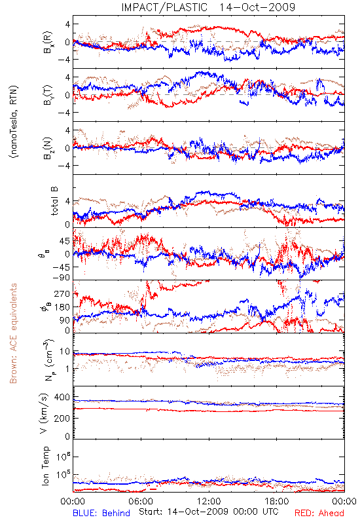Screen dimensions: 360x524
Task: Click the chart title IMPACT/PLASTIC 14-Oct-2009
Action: (x=208, y=7)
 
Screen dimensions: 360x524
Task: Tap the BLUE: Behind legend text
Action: (x=101, y=513)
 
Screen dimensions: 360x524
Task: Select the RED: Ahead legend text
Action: (x=319, y=513)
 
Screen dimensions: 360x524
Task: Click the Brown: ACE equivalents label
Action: (x=13, y=333)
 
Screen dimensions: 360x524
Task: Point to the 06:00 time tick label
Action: (x=141, y=501)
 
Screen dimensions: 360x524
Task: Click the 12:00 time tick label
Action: (x=209, y=501)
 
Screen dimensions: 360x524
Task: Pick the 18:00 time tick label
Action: (x=277, y=501)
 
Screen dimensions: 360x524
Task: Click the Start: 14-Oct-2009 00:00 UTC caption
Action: (x=209, y=512)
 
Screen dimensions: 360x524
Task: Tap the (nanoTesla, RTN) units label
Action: (x=14, y=121)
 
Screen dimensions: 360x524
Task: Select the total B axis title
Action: (x=54, y=201)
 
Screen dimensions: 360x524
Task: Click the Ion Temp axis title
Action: (x=45, y=466)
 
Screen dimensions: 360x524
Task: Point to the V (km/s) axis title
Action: (x=45, y=413)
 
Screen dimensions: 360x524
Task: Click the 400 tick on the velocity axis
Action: (x=62, y=397)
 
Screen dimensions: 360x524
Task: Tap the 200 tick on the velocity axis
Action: (x=62, y=418)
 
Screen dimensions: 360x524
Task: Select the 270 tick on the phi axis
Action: (x=62, y=293)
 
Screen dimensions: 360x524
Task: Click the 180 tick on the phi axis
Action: (x=62, y=307)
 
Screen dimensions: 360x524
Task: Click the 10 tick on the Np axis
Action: (x=65, y=351)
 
